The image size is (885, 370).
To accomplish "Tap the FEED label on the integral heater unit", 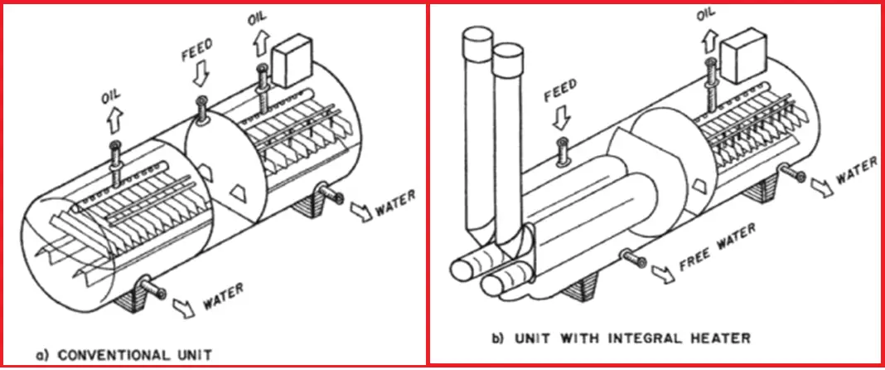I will point(560,94).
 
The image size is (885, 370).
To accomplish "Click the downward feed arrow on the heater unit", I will point(562,118).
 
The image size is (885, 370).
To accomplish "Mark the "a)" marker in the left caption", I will point(42,355).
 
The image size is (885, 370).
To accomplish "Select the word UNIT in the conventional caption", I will point(189,354).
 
